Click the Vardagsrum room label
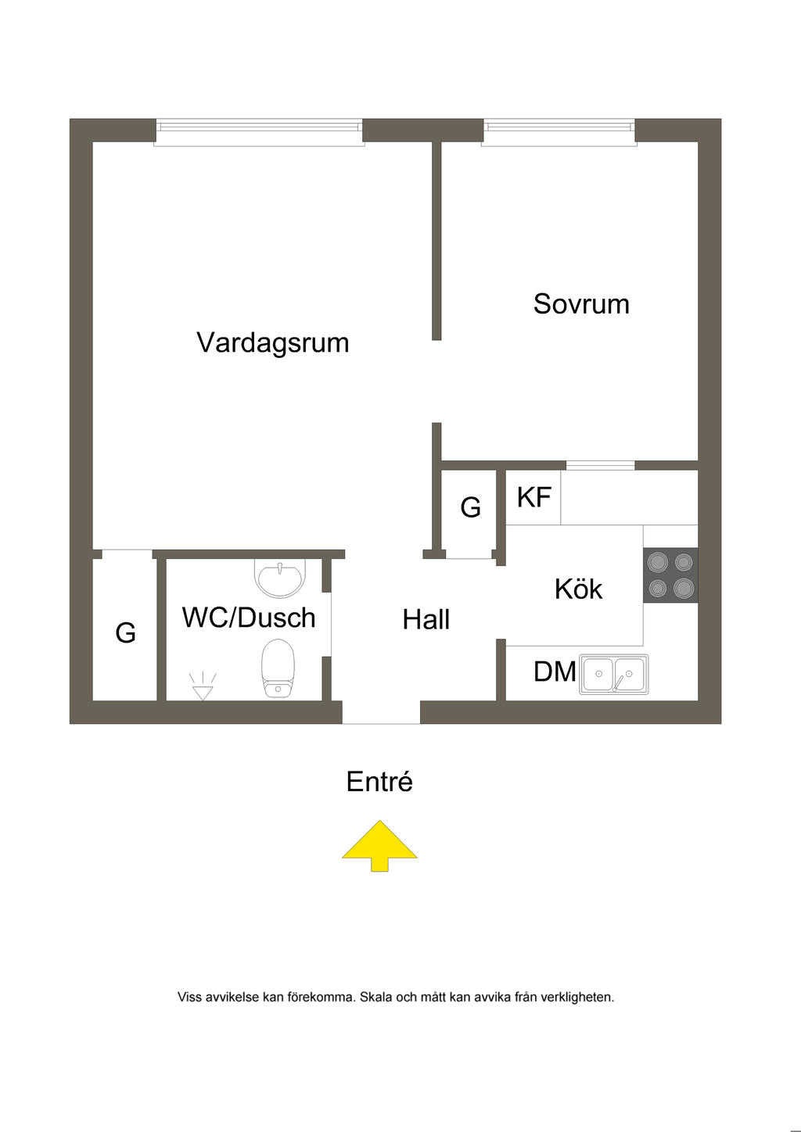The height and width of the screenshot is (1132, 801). click(x=272, y=343)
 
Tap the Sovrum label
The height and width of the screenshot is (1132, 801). click(x=581, y=304)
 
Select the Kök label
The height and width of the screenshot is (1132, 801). click(x=578, y=589)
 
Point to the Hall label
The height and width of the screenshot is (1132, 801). click(x=426, y=620)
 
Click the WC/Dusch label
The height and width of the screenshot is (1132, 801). click(x=249, y=618)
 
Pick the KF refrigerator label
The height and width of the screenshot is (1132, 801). click(x=534, y=497)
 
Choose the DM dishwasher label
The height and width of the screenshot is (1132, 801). click(x=555, y=672)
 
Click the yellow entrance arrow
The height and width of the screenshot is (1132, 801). click(x=379, y=845)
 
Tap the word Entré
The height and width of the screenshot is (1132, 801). click(x=379, y=782)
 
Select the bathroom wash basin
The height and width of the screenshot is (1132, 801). click(x=279, y=579)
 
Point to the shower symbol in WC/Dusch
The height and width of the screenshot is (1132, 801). click(x=203, y=686)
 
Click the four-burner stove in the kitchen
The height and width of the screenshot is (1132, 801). click(x=670, y=575)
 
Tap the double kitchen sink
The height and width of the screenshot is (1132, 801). click(x=613, y=674)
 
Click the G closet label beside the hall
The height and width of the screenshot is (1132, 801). click(x=470, y=508)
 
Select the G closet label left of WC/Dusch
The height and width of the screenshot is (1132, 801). click(x=125, y=632)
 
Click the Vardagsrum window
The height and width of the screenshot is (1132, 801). click(x=259, y=132)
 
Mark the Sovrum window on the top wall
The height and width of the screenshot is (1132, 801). click(x=559, y=132)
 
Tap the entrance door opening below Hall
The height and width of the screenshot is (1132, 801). click(x=381, y=712)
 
